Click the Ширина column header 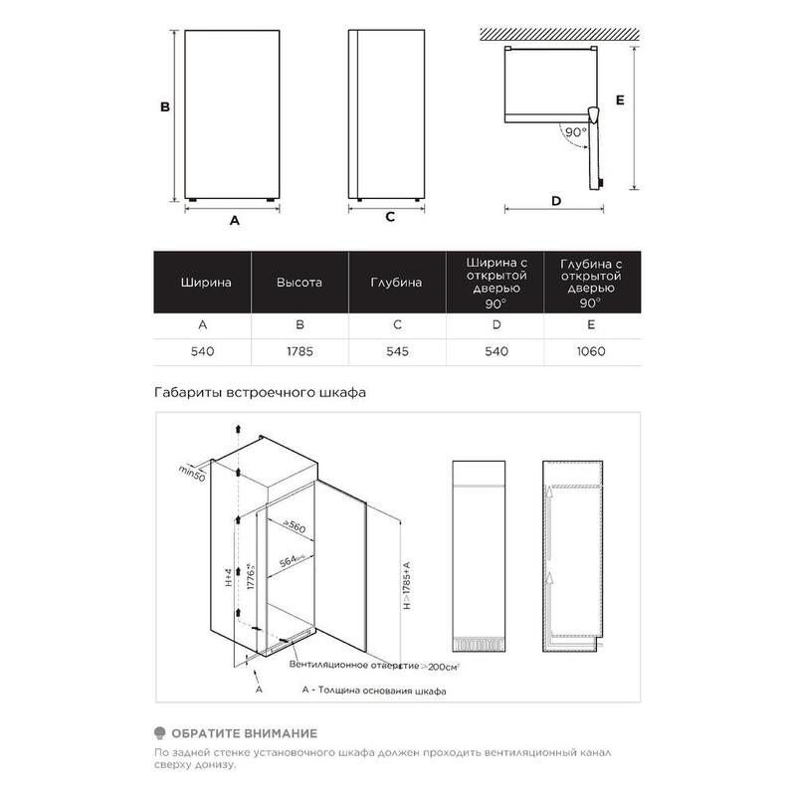(206, 283)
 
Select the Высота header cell (299, 283)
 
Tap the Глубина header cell (396, 283)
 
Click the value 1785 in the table (299, 351)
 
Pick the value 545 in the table (396, 351)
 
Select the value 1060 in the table (590, 351)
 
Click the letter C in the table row (396, 324)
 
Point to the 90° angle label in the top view (574, 131)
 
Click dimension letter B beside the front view (167, 106)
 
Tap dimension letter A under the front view (235, 221)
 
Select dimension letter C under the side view (391, 216)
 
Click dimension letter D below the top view (556, 201)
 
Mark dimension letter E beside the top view (619, 100)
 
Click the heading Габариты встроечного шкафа (262, 392)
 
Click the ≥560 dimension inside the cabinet (292, 526)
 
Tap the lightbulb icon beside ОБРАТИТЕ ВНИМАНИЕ (161, 732)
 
